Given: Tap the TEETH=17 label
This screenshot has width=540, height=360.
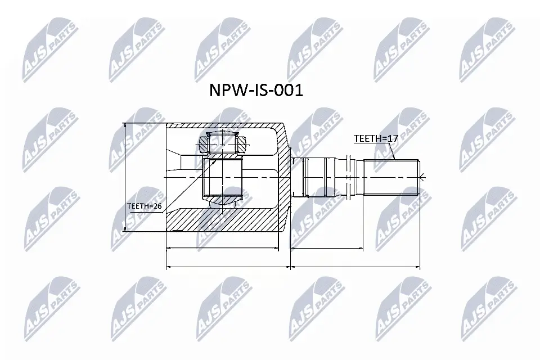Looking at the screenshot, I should pos(371,138).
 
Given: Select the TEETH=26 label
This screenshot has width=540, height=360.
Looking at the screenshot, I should pos(145,206).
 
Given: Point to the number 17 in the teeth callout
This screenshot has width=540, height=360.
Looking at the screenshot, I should pos(384,138).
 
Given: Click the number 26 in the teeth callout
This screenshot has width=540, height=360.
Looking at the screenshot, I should pos(157,206).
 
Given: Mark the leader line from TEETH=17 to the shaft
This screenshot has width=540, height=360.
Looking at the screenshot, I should pos(391,151).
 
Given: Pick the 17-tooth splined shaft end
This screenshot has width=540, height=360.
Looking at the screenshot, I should pos(391,177).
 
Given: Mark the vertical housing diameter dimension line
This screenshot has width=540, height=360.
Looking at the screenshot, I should pos(125,178).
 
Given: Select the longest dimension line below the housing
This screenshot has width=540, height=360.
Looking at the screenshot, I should pos(228,267).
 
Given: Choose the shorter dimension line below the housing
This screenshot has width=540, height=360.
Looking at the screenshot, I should pos(223,247).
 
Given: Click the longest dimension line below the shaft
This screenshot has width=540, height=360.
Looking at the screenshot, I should pos(355,267).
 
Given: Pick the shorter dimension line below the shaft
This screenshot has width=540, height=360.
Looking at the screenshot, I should pos(327,247).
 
